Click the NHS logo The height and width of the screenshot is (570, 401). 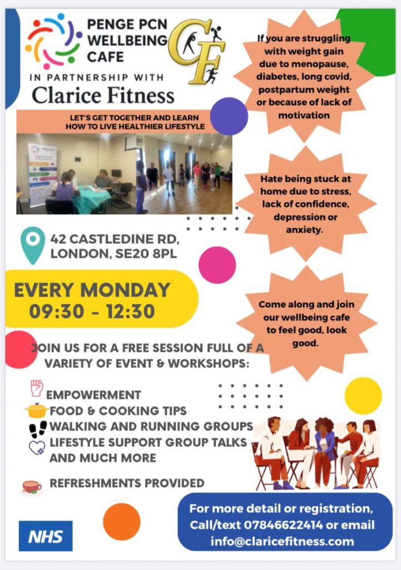(x=45, y=536)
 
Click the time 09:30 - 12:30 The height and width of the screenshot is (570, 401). (x=92, y=311)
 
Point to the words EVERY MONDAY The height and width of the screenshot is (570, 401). (x=92, y=290)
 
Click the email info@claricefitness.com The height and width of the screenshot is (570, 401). (x=282, y=541)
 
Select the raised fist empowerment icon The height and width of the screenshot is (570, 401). (x=36, y=388)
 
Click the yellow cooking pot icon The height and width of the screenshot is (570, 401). (x=37, y=411)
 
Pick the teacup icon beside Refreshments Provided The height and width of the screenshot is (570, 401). (x=32, y=487)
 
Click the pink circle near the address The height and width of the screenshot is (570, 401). (x=217, y=265)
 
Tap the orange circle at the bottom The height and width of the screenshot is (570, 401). (x=122, y=522)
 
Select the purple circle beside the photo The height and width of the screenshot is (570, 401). (x=229, y=116)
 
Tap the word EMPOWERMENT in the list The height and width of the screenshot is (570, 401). (x=93, y=395)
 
